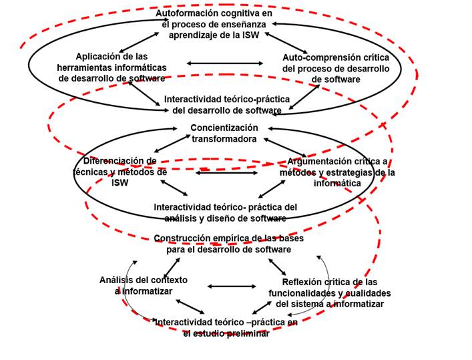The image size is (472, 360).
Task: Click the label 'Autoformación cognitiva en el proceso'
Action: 214,24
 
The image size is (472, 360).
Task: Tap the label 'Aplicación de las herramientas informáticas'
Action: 112,67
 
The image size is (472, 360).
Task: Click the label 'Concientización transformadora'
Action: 224,133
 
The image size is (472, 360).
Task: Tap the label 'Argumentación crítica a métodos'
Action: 337,172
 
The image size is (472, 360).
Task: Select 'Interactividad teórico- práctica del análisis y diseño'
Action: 225,212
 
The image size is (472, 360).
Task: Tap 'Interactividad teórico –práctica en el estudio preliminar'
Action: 226,328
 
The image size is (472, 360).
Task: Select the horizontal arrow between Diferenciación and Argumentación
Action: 227,173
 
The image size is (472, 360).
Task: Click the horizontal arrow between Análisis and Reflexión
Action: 232,286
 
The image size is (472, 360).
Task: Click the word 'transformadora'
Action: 224,139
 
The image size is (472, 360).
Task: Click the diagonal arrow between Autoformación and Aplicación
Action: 140,41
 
